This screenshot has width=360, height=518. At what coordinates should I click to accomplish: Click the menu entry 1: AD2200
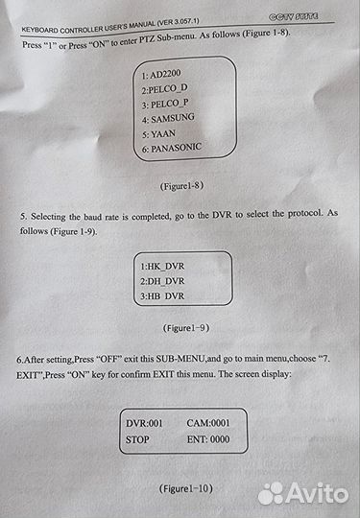(161, 74)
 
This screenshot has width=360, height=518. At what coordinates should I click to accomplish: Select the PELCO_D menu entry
(164, 89)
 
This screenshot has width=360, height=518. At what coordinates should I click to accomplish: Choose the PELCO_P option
(165, 104)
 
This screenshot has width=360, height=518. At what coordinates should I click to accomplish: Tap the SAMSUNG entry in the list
(168, 118)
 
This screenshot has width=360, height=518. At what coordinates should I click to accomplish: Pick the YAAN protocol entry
(158, 134)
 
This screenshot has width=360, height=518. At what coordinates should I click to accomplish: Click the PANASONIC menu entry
(171, 148)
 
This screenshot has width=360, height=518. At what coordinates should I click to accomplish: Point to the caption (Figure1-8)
(181, 186)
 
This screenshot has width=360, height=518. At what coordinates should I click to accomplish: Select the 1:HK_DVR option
(162, 267)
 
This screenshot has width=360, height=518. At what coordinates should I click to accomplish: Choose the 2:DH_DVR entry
(162, 281)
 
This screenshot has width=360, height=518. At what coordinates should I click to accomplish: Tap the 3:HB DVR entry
(162, 296)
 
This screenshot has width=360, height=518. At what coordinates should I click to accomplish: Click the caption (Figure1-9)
(186, 328)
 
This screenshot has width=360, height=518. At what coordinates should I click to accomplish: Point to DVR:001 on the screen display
(144, 423)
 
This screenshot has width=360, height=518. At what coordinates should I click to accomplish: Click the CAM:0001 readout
(208, 423)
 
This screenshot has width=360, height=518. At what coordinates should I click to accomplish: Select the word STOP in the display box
(137, 439)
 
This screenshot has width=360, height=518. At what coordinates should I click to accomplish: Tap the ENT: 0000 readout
(208, 439)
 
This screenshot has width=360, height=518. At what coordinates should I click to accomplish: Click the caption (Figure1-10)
(186, 488)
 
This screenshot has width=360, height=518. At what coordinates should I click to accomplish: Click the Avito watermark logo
(303, 494)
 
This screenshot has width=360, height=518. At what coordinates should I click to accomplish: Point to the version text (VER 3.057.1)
(178, 22)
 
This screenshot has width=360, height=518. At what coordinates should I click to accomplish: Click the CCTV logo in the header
(294, 16)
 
